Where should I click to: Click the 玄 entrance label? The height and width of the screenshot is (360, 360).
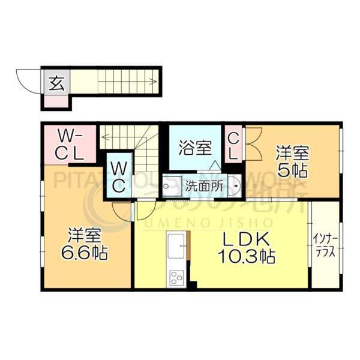coord(56,83)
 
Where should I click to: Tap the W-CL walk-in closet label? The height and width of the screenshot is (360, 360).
coord(70,144)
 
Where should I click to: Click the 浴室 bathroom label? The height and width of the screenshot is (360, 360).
coord(195,148)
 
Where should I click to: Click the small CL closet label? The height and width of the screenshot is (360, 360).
coord(233,146)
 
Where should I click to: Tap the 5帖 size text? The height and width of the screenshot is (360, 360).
coord(292,170)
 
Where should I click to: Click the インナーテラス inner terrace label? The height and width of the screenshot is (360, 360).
coord(325,247)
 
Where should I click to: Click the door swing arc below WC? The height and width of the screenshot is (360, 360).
coord(122,210)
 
